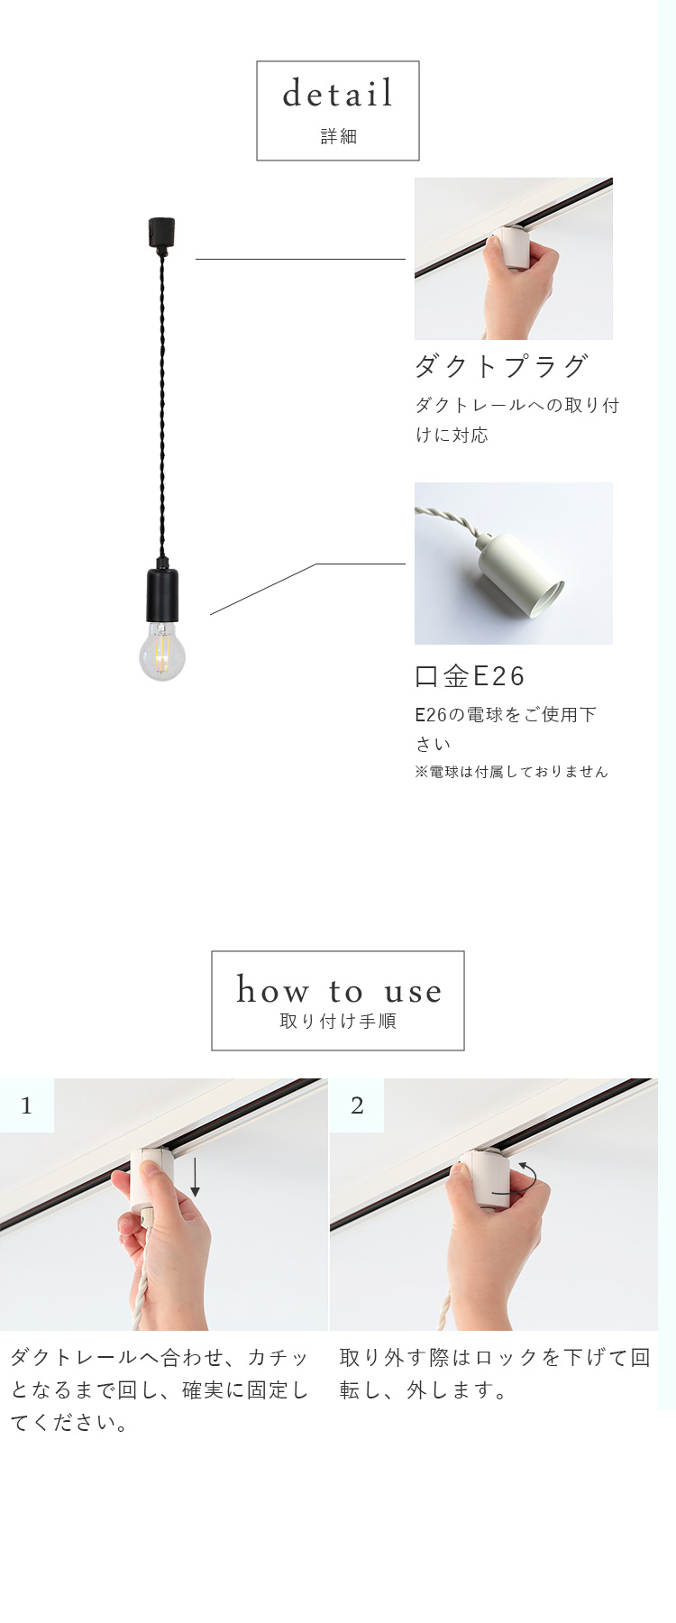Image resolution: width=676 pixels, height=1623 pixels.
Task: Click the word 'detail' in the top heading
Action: [x=338, y=94]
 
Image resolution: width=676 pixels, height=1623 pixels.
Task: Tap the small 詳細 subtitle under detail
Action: [x=338, y=137]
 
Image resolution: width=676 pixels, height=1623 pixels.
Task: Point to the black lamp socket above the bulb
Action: [x=162, y=594]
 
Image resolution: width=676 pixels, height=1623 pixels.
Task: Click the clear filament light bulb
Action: [x=162, y=651]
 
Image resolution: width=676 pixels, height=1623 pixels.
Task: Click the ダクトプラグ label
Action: [x=501, y=366]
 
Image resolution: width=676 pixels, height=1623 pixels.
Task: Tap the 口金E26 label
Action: [x=470, y=676]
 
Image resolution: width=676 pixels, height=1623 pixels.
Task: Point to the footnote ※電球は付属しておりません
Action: [x=511, y=772]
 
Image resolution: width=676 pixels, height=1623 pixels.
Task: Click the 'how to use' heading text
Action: [x=338, y=990]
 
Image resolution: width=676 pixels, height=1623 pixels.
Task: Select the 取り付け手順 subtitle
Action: [x=338, y=1022]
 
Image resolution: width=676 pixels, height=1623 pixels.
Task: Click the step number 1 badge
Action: [x=26, y=1105]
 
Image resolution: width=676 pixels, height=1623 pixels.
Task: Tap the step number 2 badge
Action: [x=357, y=1105]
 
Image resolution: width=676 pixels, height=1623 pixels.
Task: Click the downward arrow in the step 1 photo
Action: [x=195, y=1178]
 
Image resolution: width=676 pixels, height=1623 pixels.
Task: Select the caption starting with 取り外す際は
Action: [x=494, y=1373]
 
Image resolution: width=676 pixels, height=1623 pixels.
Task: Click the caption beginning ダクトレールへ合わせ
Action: [x=160, y=1389]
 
